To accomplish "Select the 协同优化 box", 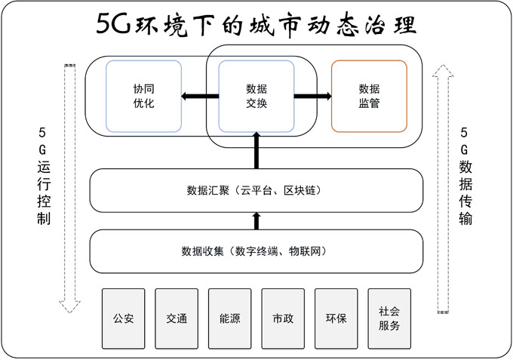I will tap(143, 96).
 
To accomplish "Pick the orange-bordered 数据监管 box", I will tap(370, 96).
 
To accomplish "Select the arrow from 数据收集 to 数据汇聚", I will tap(256, 220).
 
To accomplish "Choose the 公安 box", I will tap(123, 318).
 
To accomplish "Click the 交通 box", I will tap(177, 318).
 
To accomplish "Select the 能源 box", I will tap(229, 318).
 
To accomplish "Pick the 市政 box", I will tap(283, 318).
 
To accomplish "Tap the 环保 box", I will tap(336, 318).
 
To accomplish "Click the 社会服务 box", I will tap(390, 318).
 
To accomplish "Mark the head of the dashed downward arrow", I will tap(69, 305).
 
